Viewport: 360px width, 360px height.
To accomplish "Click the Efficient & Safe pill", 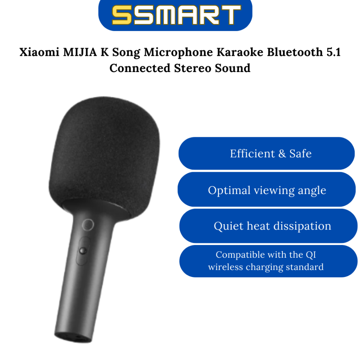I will (266, 154).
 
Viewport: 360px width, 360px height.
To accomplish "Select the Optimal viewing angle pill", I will (266, 190).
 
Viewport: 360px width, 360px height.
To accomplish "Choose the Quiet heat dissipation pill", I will (268, 226).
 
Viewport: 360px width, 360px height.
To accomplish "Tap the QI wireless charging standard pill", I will (268, 261).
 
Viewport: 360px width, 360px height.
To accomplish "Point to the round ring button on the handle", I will (88, 224).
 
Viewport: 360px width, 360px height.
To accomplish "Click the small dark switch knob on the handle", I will (83, 251).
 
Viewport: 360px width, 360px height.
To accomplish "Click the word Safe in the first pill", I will (301, 154).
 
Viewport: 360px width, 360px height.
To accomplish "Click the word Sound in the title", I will (233, 68).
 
